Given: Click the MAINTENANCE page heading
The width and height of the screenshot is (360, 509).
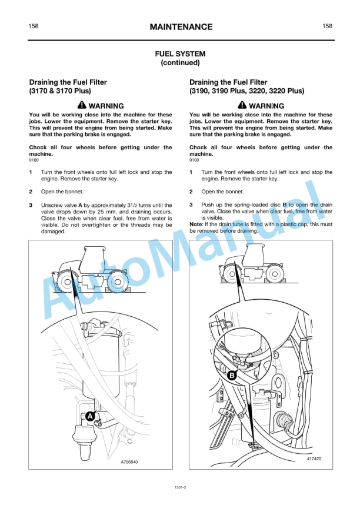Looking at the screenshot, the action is click(181, 27).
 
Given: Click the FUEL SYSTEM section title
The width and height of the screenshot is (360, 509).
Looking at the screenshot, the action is click(181, 54).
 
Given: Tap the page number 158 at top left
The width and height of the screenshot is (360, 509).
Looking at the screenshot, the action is click(34, 26).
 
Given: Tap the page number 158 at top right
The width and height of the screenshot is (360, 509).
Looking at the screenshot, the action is click(327, 26).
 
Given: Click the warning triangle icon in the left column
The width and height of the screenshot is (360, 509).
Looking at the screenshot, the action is click(82, 105).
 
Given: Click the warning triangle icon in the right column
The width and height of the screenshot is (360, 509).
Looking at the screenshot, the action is click(242, 105).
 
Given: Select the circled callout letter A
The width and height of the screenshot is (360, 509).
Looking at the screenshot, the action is click(90, 416).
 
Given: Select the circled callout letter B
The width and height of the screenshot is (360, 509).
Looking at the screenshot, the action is click(232, 376).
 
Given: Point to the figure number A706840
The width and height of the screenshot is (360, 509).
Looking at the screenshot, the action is click(129, 461).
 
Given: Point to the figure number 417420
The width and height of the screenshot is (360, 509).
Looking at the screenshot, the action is click(314, 458).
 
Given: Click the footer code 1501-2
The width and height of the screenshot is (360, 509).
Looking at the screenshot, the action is click(180, 487).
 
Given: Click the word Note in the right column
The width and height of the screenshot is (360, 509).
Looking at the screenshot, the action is click(196, 225).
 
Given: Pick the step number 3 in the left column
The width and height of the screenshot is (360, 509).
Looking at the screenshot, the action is click(31, 205).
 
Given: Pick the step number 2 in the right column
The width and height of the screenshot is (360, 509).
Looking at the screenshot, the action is click(191, 192).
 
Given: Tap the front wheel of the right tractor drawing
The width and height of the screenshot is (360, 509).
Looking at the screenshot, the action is click(232, 274).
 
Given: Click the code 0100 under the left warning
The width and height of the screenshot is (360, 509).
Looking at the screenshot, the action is click(34, 160).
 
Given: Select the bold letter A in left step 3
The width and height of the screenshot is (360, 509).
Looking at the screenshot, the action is click(80, 205).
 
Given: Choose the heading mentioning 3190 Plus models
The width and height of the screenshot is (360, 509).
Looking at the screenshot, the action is click(247, 86).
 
